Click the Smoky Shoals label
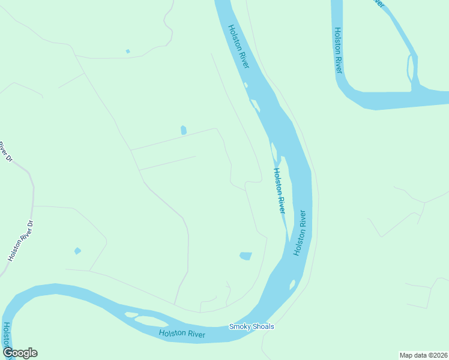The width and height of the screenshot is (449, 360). click(252, 326)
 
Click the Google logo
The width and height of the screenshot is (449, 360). click(20, 353)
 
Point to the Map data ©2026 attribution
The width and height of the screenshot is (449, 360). click(423, 355)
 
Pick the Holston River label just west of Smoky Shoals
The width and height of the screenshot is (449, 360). click(182, 334)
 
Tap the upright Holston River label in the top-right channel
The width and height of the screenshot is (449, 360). click(338, 51)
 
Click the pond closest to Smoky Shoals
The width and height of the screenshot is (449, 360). click(246, 256)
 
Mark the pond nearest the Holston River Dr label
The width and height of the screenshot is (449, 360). click(77, 251)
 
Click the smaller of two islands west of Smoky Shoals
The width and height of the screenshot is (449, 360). click(130, 314)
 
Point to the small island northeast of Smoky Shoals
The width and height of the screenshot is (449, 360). click(292, 285)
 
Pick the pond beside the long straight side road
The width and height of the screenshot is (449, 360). click(183, 130)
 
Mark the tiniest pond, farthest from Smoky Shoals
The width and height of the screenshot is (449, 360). click(128, 51)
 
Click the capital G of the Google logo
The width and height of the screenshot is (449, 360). click(8, 353)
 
